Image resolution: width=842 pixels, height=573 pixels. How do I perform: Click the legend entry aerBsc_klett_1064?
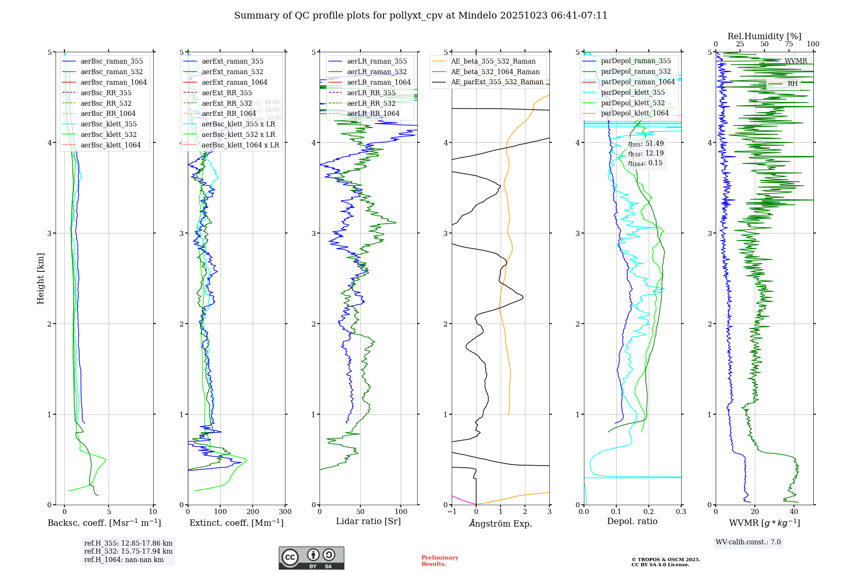[x=110, y=145]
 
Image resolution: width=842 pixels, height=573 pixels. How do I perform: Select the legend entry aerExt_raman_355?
[x=232, y=62]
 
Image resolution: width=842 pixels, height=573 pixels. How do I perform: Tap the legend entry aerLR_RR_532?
[x=371, y=103]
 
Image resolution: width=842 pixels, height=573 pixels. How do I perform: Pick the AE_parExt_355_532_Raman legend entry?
[x=497, y=82]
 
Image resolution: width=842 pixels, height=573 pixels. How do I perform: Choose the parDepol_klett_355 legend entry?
[x=633, y=93]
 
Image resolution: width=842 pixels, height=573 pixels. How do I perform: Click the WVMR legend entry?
[x=795, y=61]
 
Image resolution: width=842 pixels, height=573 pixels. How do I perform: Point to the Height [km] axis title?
[x=40, y=278]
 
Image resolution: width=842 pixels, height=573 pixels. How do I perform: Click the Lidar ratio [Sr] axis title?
[x=368, y=521]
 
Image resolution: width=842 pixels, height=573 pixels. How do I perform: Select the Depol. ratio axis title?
[x=632, y=521]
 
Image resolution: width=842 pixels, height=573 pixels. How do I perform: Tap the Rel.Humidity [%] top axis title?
[x=764, y=36]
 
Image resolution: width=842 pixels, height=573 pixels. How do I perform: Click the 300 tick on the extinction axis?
[x=285, y=512]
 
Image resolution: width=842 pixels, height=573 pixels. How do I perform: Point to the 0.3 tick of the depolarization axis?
[x=681, y=512]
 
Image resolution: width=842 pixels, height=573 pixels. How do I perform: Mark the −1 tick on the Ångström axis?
[x=452, y=512]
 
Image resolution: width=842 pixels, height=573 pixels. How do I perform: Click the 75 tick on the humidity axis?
[x=789, y=44]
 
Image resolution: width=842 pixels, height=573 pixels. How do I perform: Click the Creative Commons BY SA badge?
[x=311, y=558]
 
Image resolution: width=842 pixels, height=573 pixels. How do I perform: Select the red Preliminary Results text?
[x=440, y=561]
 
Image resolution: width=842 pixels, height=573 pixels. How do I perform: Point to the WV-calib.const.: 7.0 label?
[x=748, y=542]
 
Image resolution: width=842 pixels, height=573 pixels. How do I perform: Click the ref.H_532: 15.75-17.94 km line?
[x=128, y=552]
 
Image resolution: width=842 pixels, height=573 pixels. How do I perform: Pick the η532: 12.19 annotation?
[x=645, y=153]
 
